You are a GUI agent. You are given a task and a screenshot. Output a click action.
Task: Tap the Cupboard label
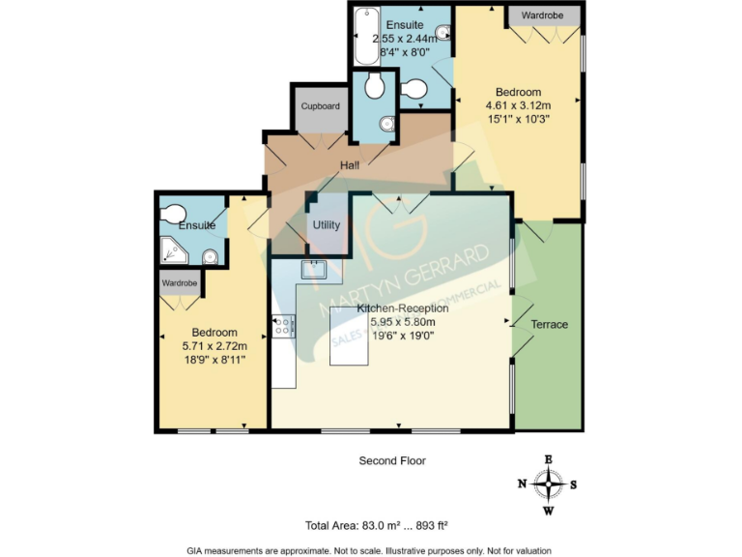pyautogui.click(x=321, y=106)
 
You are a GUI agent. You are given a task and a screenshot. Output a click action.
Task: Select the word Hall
pyautogui.click(x=350, y=166)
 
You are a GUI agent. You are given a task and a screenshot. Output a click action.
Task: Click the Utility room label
pyautogui.click(x=326, y=225)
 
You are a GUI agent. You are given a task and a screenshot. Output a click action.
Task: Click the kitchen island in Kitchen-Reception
pyautogui.click(x=345, y=336)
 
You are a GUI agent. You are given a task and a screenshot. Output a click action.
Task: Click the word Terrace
pyautogui.click(x=549, y=324)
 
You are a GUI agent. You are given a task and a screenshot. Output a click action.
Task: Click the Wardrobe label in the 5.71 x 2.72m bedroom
pyautogui.click(x=180, y=283)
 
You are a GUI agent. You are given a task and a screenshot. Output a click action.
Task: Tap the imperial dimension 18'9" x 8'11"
pyautogui.click(x=214, y=359)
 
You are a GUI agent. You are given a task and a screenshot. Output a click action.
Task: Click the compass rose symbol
pyautogui.click(x=549, y=484)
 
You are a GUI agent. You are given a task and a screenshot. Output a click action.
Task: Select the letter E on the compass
pyautogui.click(x=549, y=459)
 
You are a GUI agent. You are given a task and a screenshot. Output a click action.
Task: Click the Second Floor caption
pyautogui.click(x=392, y=461)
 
